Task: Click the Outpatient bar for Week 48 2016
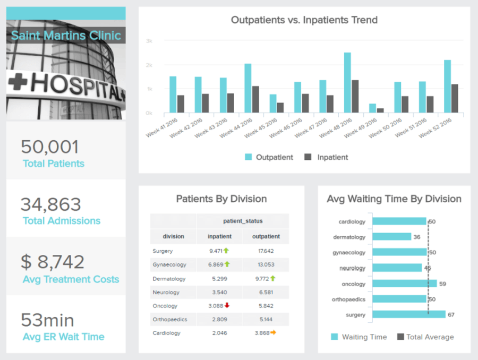click(347, 83)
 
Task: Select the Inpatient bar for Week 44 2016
click(255, 100)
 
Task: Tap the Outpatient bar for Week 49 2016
click(372, 108)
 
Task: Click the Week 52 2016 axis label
click(435, 128)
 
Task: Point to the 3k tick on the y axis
click(149, 41)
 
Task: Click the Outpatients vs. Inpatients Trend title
click(304, 20)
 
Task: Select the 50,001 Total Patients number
click(50, 147)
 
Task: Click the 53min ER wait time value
click(48, 320)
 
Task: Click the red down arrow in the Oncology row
click(227, 305)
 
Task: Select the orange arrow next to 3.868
click(273, 333)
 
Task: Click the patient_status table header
click(242, 220)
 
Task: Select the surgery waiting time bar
click(408, 315)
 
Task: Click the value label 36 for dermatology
click(417, 237)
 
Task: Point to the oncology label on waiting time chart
click(353, 284)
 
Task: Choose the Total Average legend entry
click(425, 337)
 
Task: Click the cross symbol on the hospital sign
click(20, 82)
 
